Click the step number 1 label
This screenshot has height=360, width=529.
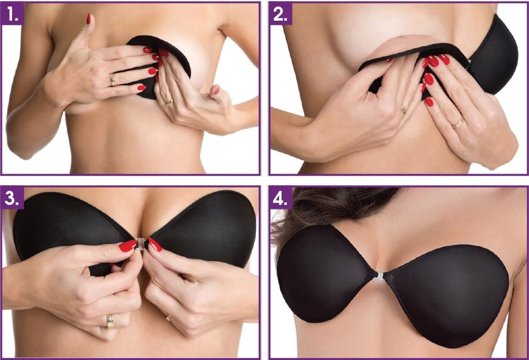(13, 14)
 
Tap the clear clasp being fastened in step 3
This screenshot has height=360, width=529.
(141, 244)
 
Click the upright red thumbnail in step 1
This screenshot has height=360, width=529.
(89, 19)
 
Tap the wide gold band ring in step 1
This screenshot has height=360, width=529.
(113, 80)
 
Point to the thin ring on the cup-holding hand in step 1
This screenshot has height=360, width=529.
(169, 102)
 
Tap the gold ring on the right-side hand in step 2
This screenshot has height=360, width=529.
(458, 124)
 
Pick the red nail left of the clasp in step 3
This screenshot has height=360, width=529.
(128, 246)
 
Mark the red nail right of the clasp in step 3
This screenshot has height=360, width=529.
(155, 245)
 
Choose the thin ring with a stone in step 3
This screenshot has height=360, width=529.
(168, 317)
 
